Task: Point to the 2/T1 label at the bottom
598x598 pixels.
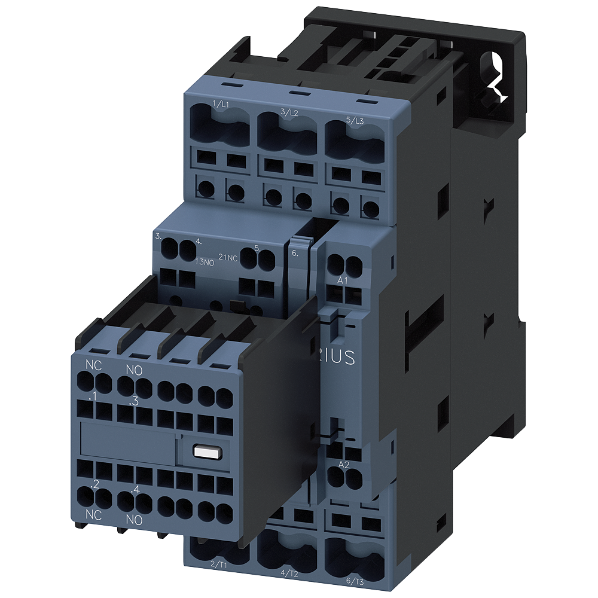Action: pos(218,564)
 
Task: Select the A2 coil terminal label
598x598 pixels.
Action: pos(344,465)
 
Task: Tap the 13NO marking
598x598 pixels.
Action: pos(205,261)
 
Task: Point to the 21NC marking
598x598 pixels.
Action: pos(228,257)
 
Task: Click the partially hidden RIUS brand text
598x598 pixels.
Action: pos(339,358)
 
